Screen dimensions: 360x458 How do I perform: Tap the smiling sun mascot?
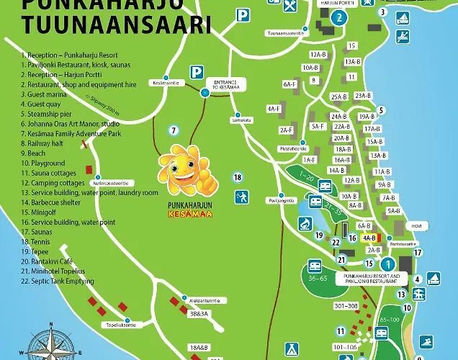tap(183, 170)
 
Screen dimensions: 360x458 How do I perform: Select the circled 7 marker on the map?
tap(173, 130)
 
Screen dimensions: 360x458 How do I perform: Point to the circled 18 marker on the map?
tap(238, 177)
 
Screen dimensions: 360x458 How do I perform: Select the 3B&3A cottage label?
tap(198, 314)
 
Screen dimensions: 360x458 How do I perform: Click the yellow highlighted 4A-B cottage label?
tap(369, 237)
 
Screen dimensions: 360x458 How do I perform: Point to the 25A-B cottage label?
tap(340, 96)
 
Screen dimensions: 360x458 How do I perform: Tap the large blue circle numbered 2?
tap(340, 17)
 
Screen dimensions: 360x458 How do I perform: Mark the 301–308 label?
tap(346, 306)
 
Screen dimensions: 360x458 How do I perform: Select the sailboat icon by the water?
tap(434, 278)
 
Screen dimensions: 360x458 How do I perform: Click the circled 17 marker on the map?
tap(418, 252)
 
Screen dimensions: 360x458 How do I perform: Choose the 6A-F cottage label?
tap(289, 84)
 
